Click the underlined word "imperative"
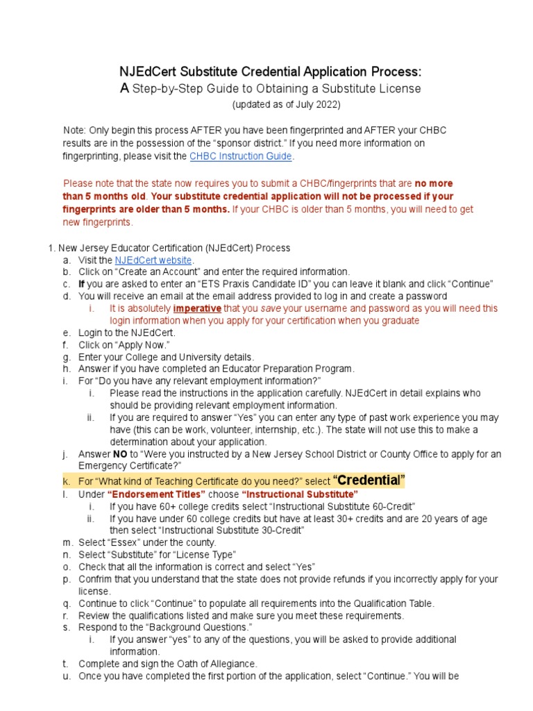pos(197,309)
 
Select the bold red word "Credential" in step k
pos(369,480)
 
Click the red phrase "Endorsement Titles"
pos(156,494)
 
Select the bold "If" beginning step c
pos(82,285)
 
